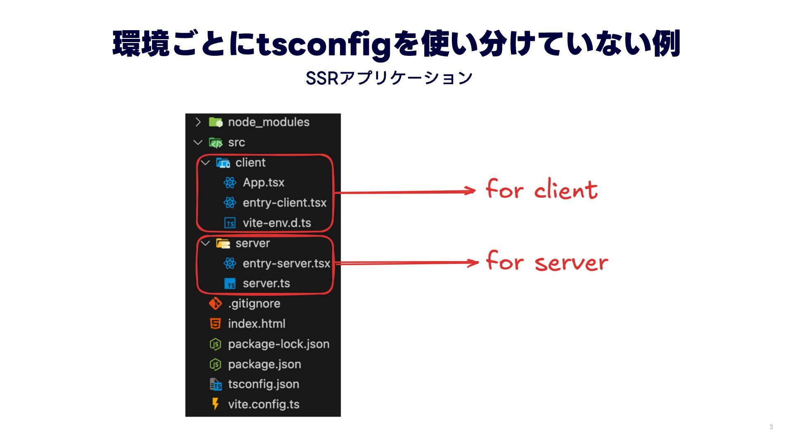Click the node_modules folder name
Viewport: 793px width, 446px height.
pyautogui.click(x=268, y=122)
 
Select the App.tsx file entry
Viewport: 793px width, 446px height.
pyautogui.click(x=264, y=183)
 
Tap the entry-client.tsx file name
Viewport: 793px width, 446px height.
pyautogui.click(x=284, y=203)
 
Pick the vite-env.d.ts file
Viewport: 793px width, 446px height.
pyautogui.click(x=277, y=223)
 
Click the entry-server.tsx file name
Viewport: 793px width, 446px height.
pyautogui.click(x=286, y=263)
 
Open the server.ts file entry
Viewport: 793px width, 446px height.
pyautogui.click(x=266, y=284)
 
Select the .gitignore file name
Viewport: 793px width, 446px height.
pyautogui.click(x=254, y=304)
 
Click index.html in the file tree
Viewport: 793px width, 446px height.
pyautogui.click(x=256, y=324)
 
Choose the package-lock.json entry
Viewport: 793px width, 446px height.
pyautogui.click(x=278, y=344)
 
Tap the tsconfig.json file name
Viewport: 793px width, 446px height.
pyautogui.click(x=264, y=384)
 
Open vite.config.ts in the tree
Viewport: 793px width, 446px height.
pyautogui.click(x=264, y=404)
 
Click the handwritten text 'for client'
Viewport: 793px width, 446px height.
pyautogui.click(x=541, y=190)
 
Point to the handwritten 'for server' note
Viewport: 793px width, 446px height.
pyautogui.click(x=547, y=261)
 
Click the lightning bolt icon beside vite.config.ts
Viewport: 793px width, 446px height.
pyautogui.click(x=215, y=404)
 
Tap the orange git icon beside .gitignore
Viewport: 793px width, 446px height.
pyautogui.click(x=215, y=304)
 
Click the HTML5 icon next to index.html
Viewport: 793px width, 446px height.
pyautogui.click(x=215, y=324)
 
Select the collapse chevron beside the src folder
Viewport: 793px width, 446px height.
pyautogui.click(x=198, y=142)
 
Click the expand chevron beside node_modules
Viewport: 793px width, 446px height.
pyautogui.click(x=198, y=122)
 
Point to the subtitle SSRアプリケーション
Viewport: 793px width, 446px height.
pyautogui.click(x=389, y=78)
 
